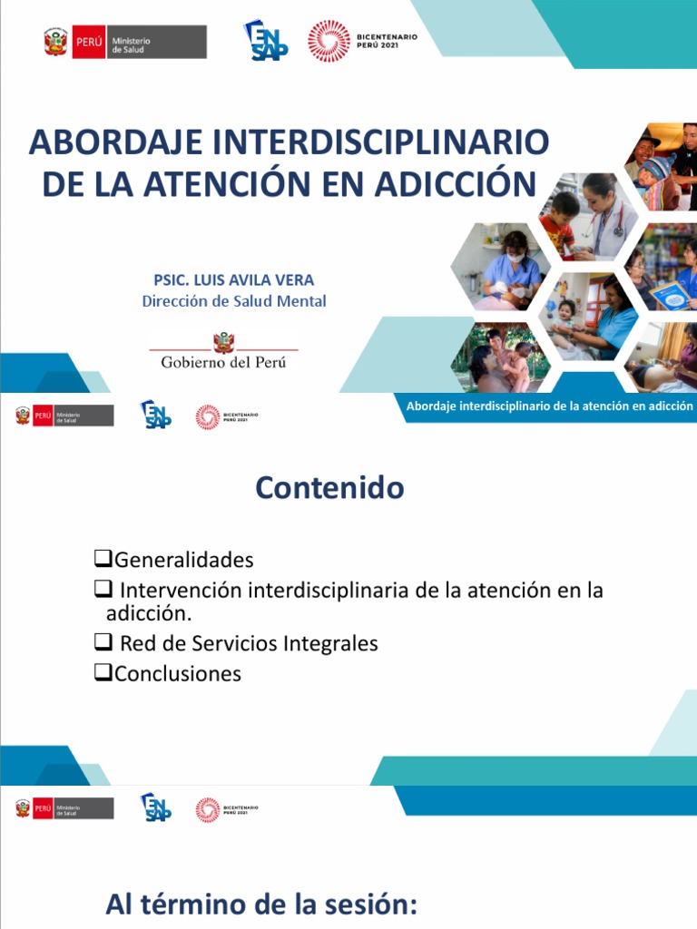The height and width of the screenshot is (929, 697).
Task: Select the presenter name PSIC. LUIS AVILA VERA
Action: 234,280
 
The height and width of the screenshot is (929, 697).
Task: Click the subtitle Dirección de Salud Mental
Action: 234,301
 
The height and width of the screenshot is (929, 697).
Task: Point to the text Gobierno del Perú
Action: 223,361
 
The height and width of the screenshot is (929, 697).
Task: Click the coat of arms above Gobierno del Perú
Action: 223,342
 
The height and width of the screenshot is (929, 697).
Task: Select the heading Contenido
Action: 329,488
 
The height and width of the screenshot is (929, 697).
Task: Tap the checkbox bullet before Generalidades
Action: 103,558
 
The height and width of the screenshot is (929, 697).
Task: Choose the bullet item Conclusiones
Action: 178,673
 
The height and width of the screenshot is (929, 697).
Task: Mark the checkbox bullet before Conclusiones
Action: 103,672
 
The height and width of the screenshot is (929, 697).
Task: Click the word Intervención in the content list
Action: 182,591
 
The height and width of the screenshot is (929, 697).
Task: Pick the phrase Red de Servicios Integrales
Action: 249,643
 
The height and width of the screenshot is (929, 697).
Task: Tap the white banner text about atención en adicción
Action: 549,406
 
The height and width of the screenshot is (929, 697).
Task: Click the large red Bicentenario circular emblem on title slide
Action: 329,41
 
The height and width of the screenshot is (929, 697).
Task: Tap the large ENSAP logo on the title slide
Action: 266,41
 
